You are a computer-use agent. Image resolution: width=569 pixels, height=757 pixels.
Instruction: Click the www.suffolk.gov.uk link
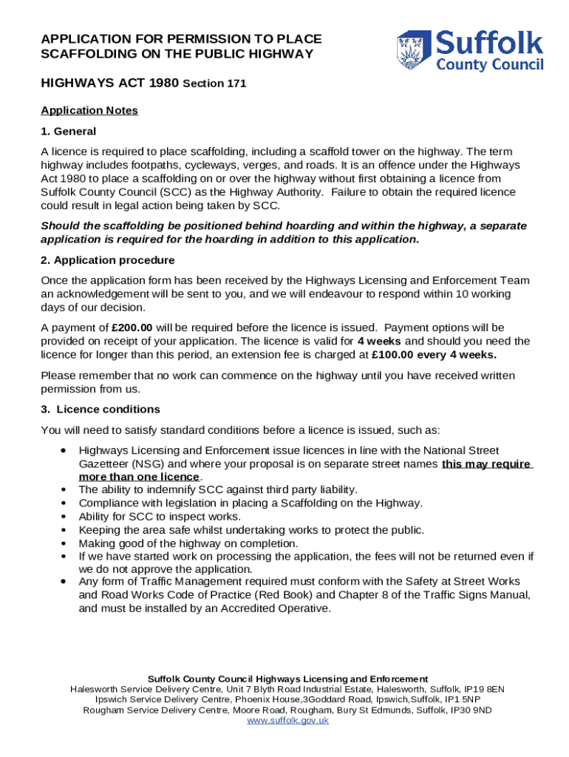click(287, 720)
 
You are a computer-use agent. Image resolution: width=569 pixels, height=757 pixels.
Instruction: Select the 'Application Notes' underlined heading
click(89, 111)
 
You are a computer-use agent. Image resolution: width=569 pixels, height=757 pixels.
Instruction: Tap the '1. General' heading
click(68, 132)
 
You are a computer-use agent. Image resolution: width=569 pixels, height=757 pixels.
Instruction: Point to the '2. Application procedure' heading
click(108, 260)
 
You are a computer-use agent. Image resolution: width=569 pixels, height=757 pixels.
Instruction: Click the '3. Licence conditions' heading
click(100, 410)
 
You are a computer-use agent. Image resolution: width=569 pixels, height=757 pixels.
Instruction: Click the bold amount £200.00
click(132, 327)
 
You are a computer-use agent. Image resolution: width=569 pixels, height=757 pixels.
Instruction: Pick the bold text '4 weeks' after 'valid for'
click(380, 342)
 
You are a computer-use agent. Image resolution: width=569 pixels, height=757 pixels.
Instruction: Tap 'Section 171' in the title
click(214, 84)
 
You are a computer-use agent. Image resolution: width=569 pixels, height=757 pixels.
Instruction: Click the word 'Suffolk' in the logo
click(489, 43)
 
